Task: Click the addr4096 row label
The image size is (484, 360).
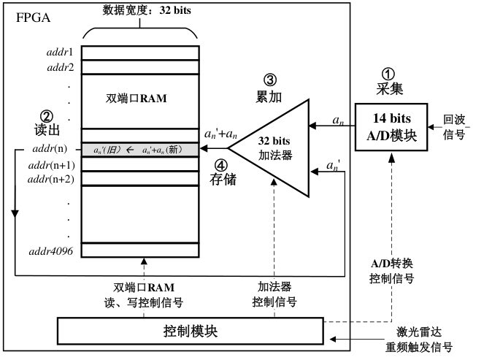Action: point(55,250)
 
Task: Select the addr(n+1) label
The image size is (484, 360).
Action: point(51,165)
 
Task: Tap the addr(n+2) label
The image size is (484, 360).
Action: point(51,179)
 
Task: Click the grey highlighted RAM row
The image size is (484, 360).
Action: point(139,150)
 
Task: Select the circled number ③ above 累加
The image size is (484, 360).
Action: point(271,78)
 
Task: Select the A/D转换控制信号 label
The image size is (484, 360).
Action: point(393,272)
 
